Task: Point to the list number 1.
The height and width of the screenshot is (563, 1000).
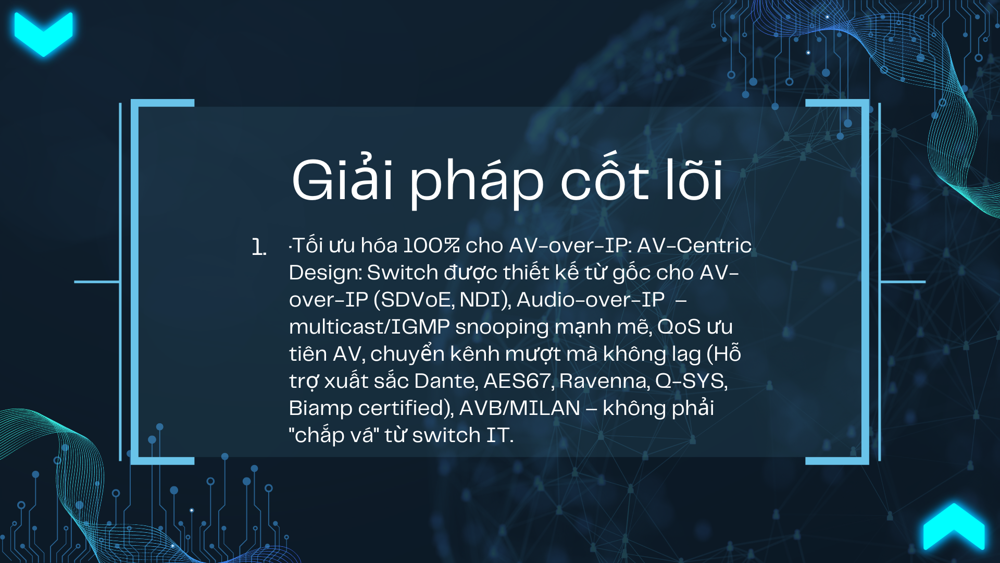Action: [259, 247]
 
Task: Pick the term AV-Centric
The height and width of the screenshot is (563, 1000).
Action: [694, 246]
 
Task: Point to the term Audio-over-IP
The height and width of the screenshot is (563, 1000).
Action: [591, 300]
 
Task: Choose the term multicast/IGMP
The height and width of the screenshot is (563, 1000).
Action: [369, 327]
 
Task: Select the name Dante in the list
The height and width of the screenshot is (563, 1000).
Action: [445, 381]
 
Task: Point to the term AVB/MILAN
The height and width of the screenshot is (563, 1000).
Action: [520, 408]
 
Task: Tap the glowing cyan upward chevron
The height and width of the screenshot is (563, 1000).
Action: [954, 527]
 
